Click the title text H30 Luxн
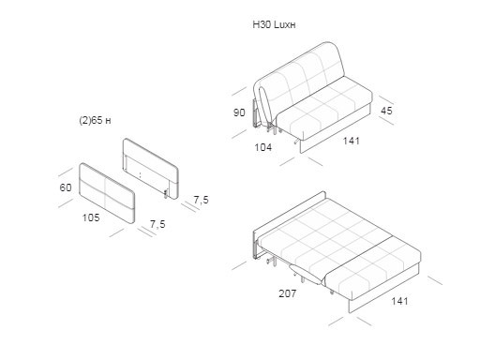pyautogui.click(x=274, y=24)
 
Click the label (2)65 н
pyautogui.click(x=95, y=120)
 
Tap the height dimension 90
pyautogui.click(x=239, y=112)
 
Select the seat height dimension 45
pyautogui.click(x=386, y=111)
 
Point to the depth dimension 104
pyautogui.click(x=263, y=147)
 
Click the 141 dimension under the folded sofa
pyautogui.click(x=352, y=141)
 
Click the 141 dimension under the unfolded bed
pyautogui.click(x=399, y=301)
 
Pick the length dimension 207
pyautogui.click(x=288, y=293)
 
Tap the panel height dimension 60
pyautogui.click(x=66, y=187)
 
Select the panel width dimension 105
pyautogui.click(x=91, y=217)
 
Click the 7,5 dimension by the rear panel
pyautogui.click(x=201, y=200)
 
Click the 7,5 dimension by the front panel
pyautogui.click(x=157, y=224)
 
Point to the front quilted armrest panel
pyautogui.click(x=107, y=193)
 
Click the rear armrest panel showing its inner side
pyautogui.click(x=151, y=168)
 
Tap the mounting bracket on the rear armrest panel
pyautogui.click(x=166, y=194)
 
